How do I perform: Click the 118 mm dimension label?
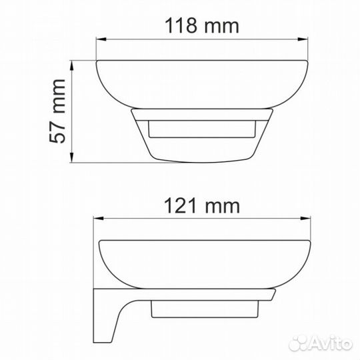[x=202, y=25]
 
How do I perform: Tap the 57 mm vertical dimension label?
[x=57, y=111]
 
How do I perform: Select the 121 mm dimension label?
[x=202, y=205]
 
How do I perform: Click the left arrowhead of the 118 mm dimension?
[x=101, y=39]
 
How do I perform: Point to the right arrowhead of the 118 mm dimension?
[x=303, y=39]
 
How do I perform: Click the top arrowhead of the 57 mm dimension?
[x=72, y=65]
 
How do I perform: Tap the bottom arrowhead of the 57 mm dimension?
[x=72, y=157]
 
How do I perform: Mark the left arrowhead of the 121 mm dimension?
[x=98, y=219]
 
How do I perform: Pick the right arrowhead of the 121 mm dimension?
[x=305, y=219]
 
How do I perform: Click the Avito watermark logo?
[x=321, y=344]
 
